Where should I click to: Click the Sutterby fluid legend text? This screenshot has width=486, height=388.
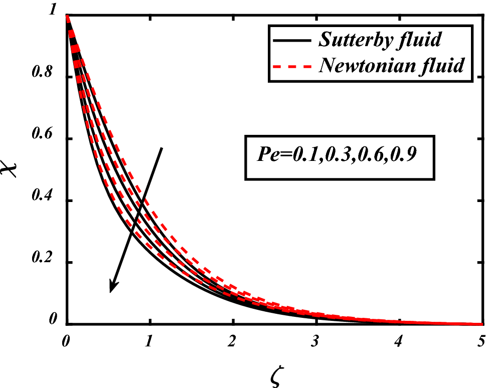[380, 40]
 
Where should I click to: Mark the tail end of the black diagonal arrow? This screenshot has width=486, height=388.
[162, 148]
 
